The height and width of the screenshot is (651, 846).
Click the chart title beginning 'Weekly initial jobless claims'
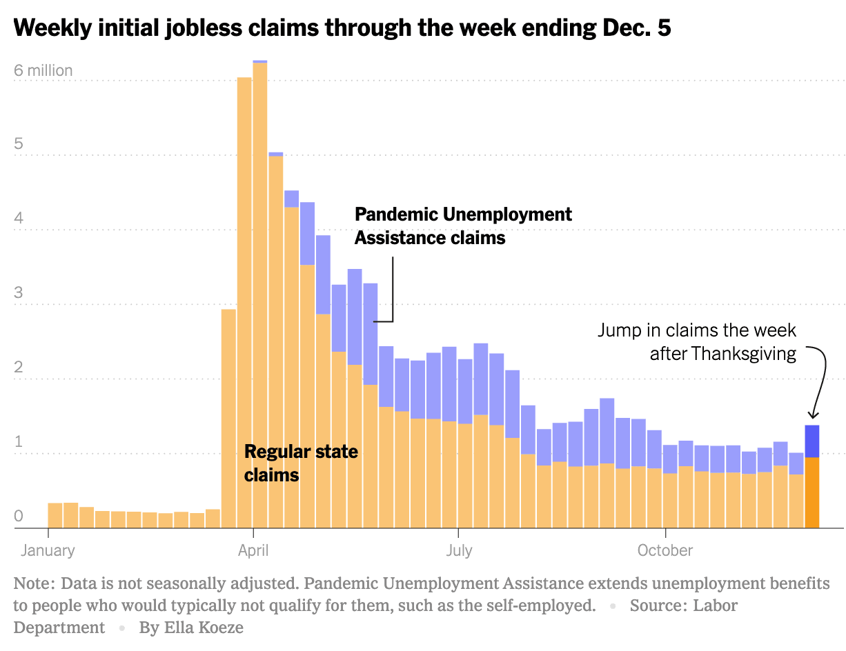coord(342,28)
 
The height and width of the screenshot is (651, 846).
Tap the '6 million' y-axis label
coord(43,70)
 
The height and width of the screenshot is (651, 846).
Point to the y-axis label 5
coord(19,144)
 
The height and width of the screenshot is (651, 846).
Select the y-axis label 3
coord(19,293)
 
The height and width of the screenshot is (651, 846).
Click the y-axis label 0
coord(19,516)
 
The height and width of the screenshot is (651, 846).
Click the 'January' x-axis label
coord(48,550)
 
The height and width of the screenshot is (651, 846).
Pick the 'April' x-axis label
coord(253,550)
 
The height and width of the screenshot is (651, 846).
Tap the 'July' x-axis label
coord(459,550)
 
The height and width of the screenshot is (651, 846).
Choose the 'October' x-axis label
coord(665,550)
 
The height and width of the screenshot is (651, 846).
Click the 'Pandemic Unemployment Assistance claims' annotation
coord(463,226)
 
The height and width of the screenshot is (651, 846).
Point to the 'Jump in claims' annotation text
coord(697,342)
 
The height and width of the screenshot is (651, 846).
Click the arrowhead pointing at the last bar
coord(813,414)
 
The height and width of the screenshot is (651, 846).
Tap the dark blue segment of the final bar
coord(812,441)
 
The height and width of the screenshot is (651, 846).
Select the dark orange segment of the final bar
coord(812,492)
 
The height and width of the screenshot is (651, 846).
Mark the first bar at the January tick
coord(55,515)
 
